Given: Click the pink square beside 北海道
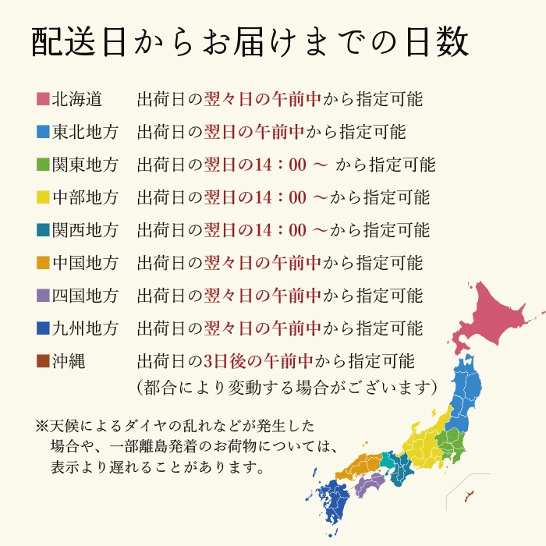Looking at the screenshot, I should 43,99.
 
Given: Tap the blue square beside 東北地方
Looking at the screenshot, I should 43,132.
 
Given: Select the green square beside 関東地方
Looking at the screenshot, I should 43,165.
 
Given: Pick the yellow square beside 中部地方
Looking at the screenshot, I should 43,197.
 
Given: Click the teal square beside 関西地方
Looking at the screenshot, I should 43,230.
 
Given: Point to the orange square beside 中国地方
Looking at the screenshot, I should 43,263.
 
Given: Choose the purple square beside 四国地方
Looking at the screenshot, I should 43,296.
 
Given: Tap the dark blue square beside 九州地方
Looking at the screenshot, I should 43,328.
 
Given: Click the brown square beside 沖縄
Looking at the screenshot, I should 43,361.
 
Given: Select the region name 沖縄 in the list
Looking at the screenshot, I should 69,361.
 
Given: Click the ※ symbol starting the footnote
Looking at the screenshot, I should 41,427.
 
